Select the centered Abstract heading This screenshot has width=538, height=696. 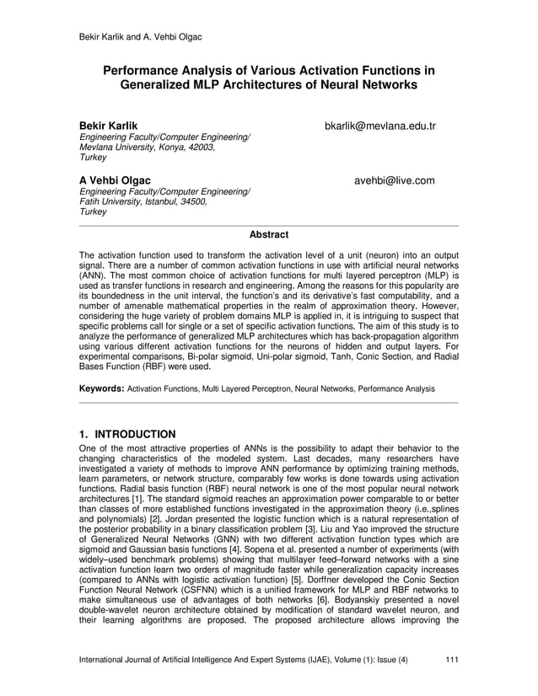[x=269, y=235]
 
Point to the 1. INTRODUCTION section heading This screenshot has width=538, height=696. [x=126, y=435]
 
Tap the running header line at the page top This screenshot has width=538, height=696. [x=140, y=36]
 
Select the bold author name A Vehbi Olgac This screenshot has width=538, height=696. [x=115, y=180]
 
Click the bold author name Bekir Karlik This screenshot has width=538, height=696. [x=108, y=126]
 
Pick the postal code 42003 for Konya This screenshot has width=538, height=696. [x=199, y=147]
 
